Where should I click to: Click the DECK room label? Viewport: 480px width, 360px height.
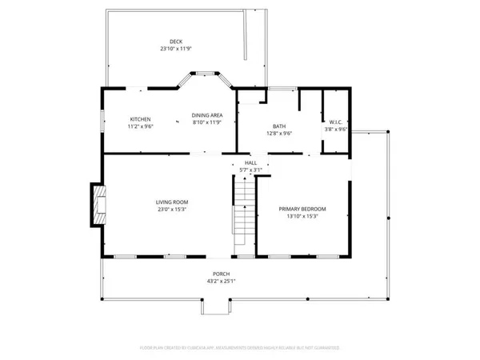tap(175, 41)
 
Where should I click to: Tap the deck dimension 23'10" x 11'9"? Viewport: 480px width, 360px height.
tap(175, 49)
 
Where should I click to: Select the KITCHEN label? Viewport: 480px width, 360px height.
tap(140, 118)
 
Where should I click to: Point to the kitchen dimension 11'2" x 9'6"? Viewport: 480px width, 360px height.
tap(140, 126)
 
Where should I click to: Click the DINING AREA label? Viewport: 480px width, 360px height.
tap(206, 115)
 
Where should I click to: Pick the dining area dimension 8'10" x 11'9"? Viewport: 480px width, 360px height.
tap(206, 123)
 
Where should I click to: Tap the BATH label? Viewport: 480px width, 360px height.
tap(279, 126)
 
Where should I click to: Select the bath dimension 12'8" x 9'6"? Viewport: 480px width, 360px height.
tap(279, 134)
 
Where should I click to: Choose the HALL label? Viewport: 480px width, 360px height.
tap(251, 162)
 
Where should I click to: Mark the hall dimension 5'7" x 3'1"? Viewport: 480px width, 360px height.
tap(251, 170)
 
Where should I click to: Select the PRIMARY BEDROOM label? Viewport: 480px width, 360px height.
tap(302, 209)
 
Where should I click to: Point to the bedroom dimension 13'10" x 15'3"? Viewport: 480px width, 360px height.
tap(302, 217)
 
